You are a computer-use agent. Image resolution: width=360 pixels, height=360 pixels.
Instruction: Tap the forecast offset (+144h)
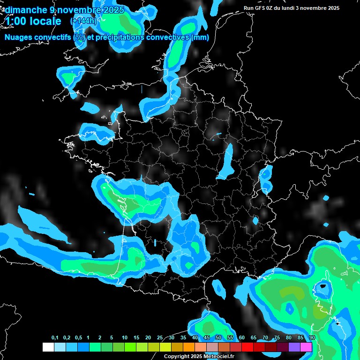tap(83, 21)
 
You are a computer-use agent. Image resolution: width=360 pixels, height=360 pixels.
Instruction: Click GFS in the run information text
tap(259, 8)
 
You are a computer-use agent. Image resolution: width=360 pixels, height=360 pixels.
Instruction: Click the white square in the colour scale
tap(48, 347)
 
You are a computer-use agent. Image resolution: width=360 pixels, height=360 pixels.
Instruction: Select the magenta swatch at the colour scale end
tap(306, 347)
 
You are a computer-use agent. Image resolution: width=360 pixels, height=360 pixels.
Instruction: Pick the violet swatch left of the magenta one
tap(294, 347)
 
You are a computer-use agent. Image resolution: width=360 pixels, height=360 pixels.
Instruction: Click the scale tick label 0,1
tap(55, 338)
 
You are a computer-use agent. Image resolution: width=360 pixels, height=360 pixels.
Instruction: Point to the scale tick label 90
tap(312, 338)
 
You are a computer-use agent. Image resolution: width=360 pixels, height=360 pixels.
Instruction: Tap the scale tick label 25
tap(160, 338)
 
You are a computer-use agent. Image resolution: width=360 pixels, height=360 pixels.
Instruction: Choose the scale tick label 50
tap(218, 338)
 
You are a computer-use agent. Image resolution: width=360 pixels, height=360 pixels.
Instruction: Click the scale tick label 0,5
tap(78, 338)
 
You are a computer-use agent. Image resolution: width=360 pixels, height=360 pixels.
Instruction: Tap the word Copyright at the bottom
tap(177, 357)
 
